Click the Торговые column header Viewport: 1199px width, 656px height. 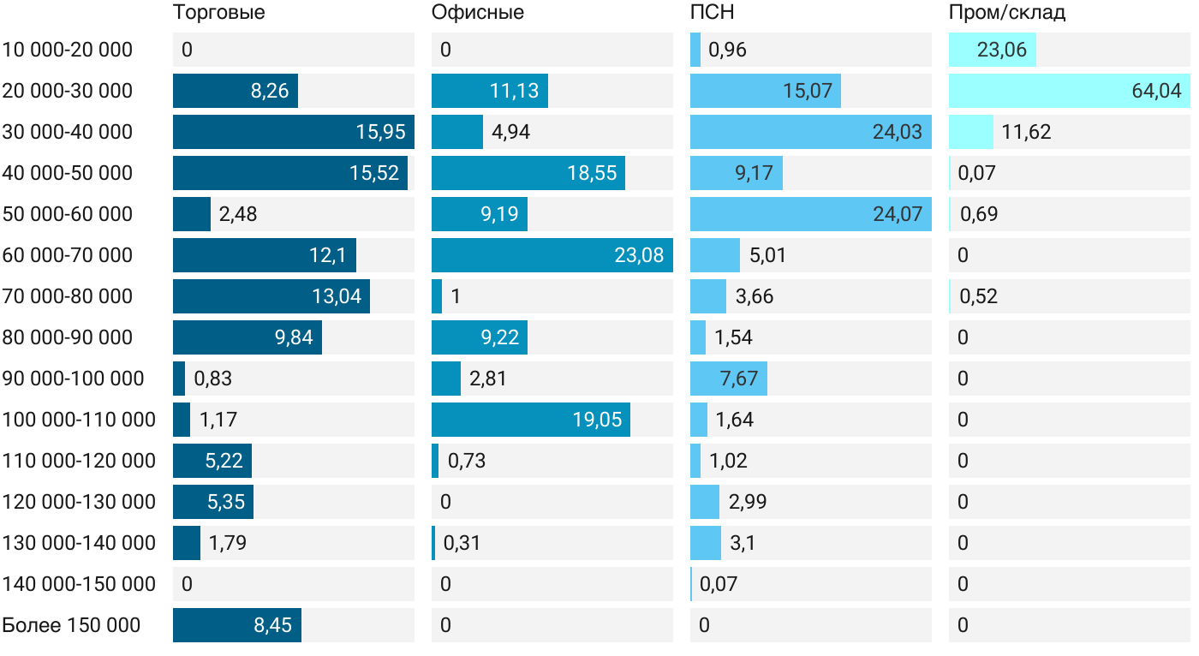point(219,13)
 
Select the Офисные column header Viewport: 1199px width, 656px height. point(478,13)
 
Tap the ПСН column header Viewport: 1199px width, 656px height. point(713,13)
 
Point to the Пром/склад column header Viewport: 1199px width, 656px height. point(1007,13)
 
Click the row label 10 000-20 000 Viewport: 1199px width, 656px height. point(68,50)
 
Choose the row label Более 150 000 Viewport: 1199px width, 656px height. point(71,625)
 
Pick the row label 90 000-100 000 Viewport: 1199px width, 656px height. point(74,379)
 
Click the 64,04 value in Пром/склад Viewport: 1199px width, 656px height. point(1156,91)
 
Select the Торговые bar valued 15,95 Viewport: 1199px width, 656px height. point(294,132)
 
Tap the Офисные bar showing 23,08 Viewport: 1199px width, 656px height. point(552,255)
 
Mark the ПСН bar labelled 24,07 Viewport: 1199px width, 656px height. point(810,214)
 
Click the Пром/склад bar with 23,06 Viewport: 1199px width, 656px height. point(993,50)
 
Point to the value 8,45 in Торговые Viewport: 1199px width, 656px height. point(272,625)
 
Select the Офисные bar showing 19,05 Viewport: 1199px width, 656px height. point(531,420)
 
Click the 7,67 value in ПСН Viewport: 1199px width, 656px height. point(739,379)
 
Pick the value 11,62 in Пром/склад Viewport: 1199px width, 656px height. point(1027,132)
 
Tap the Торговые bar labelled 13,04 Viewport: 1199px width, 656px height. point(271,296)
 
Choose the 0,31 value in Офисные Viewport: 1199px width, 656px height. point(462,543)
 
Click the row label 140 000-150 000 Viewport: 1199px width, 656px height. point(79,584)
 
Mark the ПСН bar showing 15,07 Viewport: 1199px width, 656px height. point(766,91)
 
